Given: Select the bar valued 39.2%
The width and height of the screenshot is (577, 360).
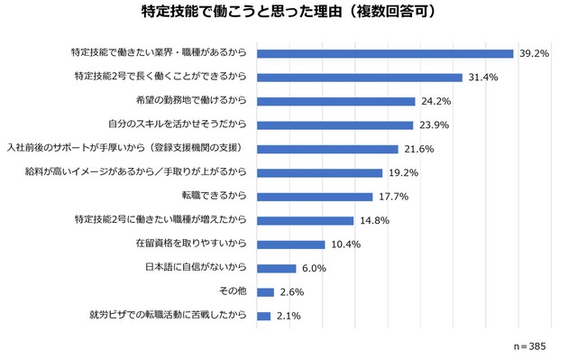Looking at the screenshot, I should tap(385, 53).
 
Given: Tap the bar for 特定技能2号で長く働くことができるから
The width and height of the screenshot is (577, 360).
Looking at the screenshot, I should tap(360, 78).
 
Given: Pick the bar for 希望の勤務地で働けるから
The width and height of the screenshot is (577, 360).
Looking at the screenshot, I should tap(336, 101).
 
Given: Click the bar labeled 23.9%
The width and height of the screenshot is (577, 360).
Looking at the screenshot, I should tap(335, 125).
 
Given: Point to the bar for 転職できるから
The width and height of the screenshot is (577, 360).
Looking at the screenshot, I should tap(315, 197).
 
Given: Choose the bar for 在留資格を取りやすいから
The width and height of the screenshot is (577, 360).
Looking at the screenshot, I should tap(291, 245).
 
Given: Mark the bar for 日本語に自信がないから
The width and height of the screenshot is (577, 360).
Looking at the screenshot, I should tap(277, 268).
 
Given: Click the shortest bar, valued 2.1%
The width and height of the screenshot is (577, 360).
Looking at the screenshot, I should tap(264, 316).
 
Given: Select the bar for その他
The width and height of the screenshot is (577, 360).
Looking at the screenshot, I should tap(265, 292).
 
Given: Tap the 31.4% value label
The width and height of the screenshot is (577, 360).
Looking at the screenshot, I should tap(482, 78).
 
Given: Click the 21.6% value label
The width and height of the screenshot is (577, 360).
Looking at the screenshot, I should tap(418, 149).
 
